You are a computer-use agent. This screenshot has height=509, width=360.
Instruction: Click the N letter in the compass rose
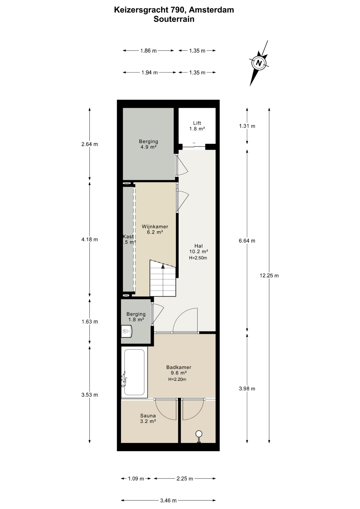259,63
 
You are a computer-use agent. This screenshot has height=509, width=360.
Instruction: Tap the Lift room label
197,123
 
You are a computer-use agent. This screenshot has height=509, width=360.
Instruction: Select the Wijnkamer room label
155,227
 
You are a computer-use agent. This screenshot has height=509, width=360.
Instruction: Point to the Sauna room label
148,416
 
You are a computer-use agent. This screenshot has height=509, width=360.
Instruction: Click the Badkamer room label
179,367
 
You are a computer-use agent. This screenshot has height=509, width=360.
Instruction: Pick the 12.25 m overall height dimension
269,275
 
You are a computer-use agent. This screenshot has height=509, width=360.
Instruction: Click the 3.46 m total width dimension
168,501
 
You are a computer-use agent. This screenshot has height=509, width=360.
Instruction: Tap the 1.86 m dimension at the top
148,51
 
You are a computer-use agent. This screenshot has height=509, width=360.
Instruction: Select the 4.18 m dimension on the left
90,239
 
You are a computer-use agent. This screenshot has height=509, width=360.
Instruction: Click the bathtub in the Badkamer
134,372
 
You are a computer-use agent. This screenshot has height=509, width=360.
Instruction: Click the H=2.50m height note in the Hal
198,258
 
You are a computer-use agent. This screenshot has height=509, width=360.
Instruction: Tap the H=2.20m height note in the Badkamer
177,379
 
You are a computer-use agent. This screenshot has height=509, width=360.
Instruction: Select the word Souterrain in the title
174,19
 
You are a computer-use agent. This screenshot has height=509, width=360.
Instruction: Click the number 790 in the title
177,10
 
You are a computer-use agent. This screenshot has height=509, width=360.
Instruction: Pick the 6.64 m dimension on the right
247,241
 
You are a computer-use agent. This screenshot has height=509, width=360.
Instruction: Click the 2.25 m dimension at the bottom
185,479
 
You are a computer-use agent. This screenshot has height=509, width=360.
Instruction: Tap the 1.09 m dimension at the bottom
136,479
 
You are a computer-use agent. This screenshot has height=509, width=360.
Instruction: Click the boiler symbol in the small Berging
126,331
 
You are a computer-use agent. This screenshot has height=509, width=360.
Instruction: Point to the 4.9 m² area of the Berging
148,147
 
